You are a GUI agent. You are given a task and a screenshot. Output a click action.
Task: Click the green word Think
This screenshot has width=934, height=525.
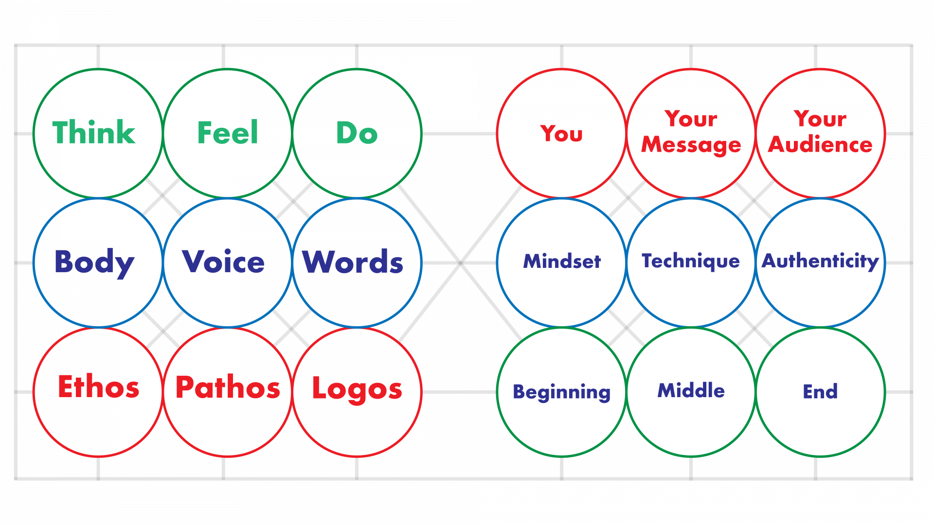[x=94, y=133]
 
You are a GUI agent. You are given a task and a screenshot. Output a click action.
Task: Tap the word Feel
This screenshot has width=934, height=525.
[x=227, y=133]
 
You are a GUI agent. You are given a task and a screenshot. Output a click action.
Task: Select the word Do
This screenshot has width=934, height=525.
[x=357, y=133]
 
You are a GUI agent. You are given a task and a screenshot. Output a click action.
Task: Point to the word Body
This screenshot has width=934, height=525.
[x=94, y=262]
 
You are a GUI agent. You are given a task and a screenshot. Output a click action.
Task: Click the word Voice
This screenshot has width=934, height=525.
[x=223, y=262]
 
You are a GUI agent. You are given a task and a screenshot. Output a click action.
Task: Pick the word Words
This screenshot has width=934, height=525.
[x=353, y=262]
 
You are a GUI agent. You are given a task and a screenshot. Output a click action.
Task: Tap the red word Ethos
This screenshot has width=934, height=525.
[x=98, y=387]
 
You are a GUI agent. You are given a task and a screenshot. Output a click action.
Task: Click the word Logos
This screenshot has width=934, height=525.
[x=357, y=389]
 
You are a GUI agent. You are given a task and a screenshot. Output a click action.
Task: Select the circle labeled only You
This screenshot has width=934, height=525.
[x=561, y=133]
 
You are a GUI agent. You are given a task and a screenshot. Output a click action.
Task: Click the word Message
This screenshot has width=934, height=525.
[x=691, y=145]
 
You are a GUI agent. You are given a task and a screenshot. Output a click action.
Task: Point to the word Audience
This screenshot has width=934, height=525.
[x=820, y=145]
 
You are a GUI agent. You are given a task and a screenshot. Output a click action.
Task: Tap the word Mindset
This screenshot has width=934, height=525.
[x=562, y=262]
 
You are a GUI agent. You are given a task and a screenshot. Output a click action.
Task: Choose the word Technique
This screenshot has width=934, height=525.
[x=691, y=262]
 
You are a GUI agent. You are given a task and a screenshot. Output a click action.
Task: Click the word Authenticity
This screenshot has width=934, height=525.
[x=820, y=262]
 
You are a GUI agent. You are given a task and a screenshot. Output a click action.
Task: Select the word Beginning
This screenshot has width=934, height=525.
[x=561, y=392]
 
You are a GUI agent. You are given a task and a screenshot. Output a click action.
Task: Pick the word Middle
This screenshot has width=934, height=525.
[x=691, y=390]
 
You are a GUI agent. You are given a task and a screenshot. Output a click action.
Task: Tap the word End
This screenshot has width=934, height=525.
[x=820, y=391]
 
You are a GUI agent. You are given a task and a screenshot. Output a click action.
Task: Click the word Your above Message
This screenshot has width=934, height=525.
[x=691, y=119]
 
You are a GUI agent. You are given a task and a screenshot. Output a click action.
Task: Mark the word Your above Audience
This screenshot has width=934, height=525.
[x=820, y=119]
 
